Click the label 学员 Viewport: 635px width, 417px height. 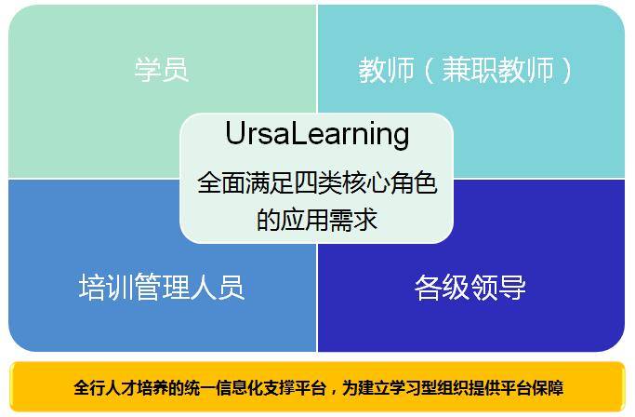click(x=162, y=70)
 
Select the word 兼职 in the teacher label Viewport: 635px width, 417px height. click(x=470, y=70)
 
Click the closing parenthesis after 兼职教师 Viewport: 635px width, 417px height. click(x=566, y=70)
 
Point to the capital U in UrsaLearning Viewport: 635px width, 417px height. click(x=234, y=133)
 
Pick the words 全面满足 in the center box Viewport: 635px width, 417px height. click(x=245, y=183)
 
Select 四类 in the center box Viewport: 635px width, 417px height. click(x=317, y=183)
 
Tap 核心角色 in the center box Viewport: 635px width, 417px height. click(x=390, y=183)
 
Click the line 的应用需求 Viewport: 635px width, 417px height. click(x=317, y=220)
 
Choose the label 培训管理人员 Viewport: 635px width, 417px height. click(x=162, y=288)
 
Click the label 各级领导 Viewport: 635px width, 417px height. click(x=470, y=288)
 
